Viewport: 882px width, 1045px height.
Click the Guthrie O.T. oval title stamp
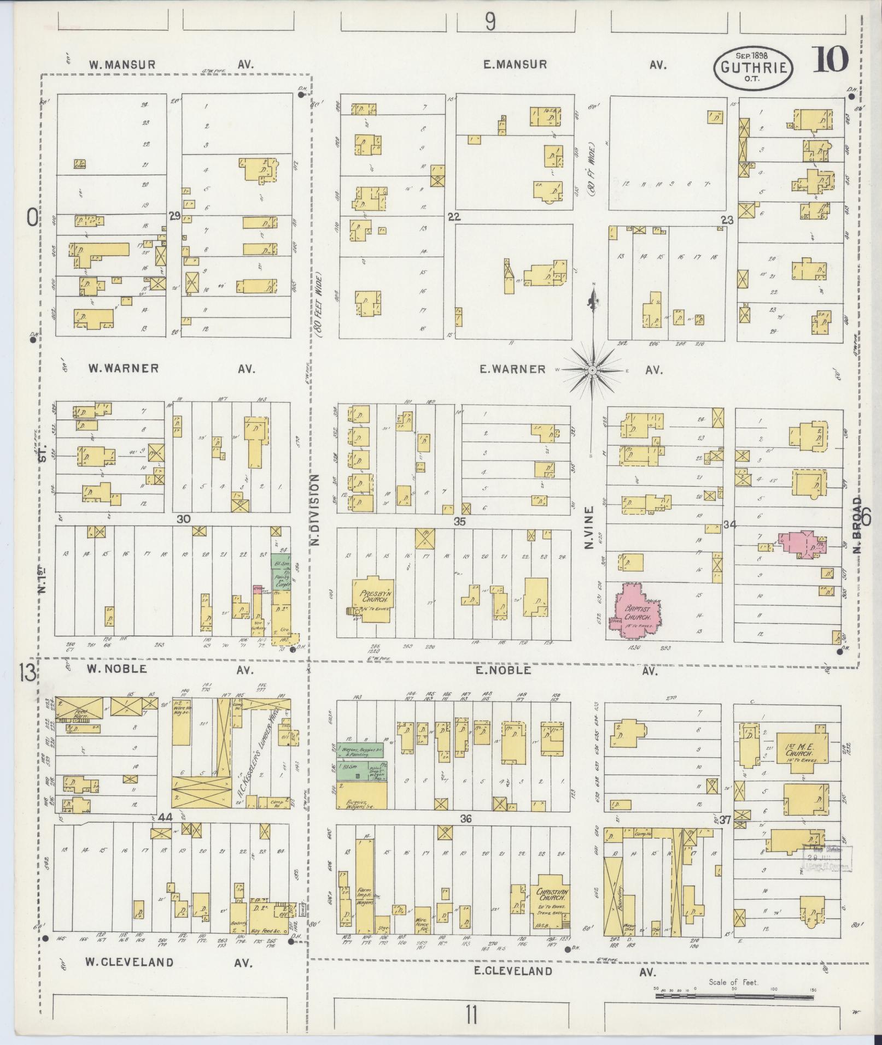pyautogui.click(x=753, y=68)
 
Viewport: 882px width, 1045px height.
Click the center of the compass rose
pyautogui.click(x=592, y=370)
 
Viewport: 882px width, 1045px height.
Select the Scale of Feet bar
pyautogui.click(x=734, y=996)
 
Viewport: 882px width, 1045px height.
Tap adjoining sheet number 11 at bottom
pyautogui.click(x=471, y=1016)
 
